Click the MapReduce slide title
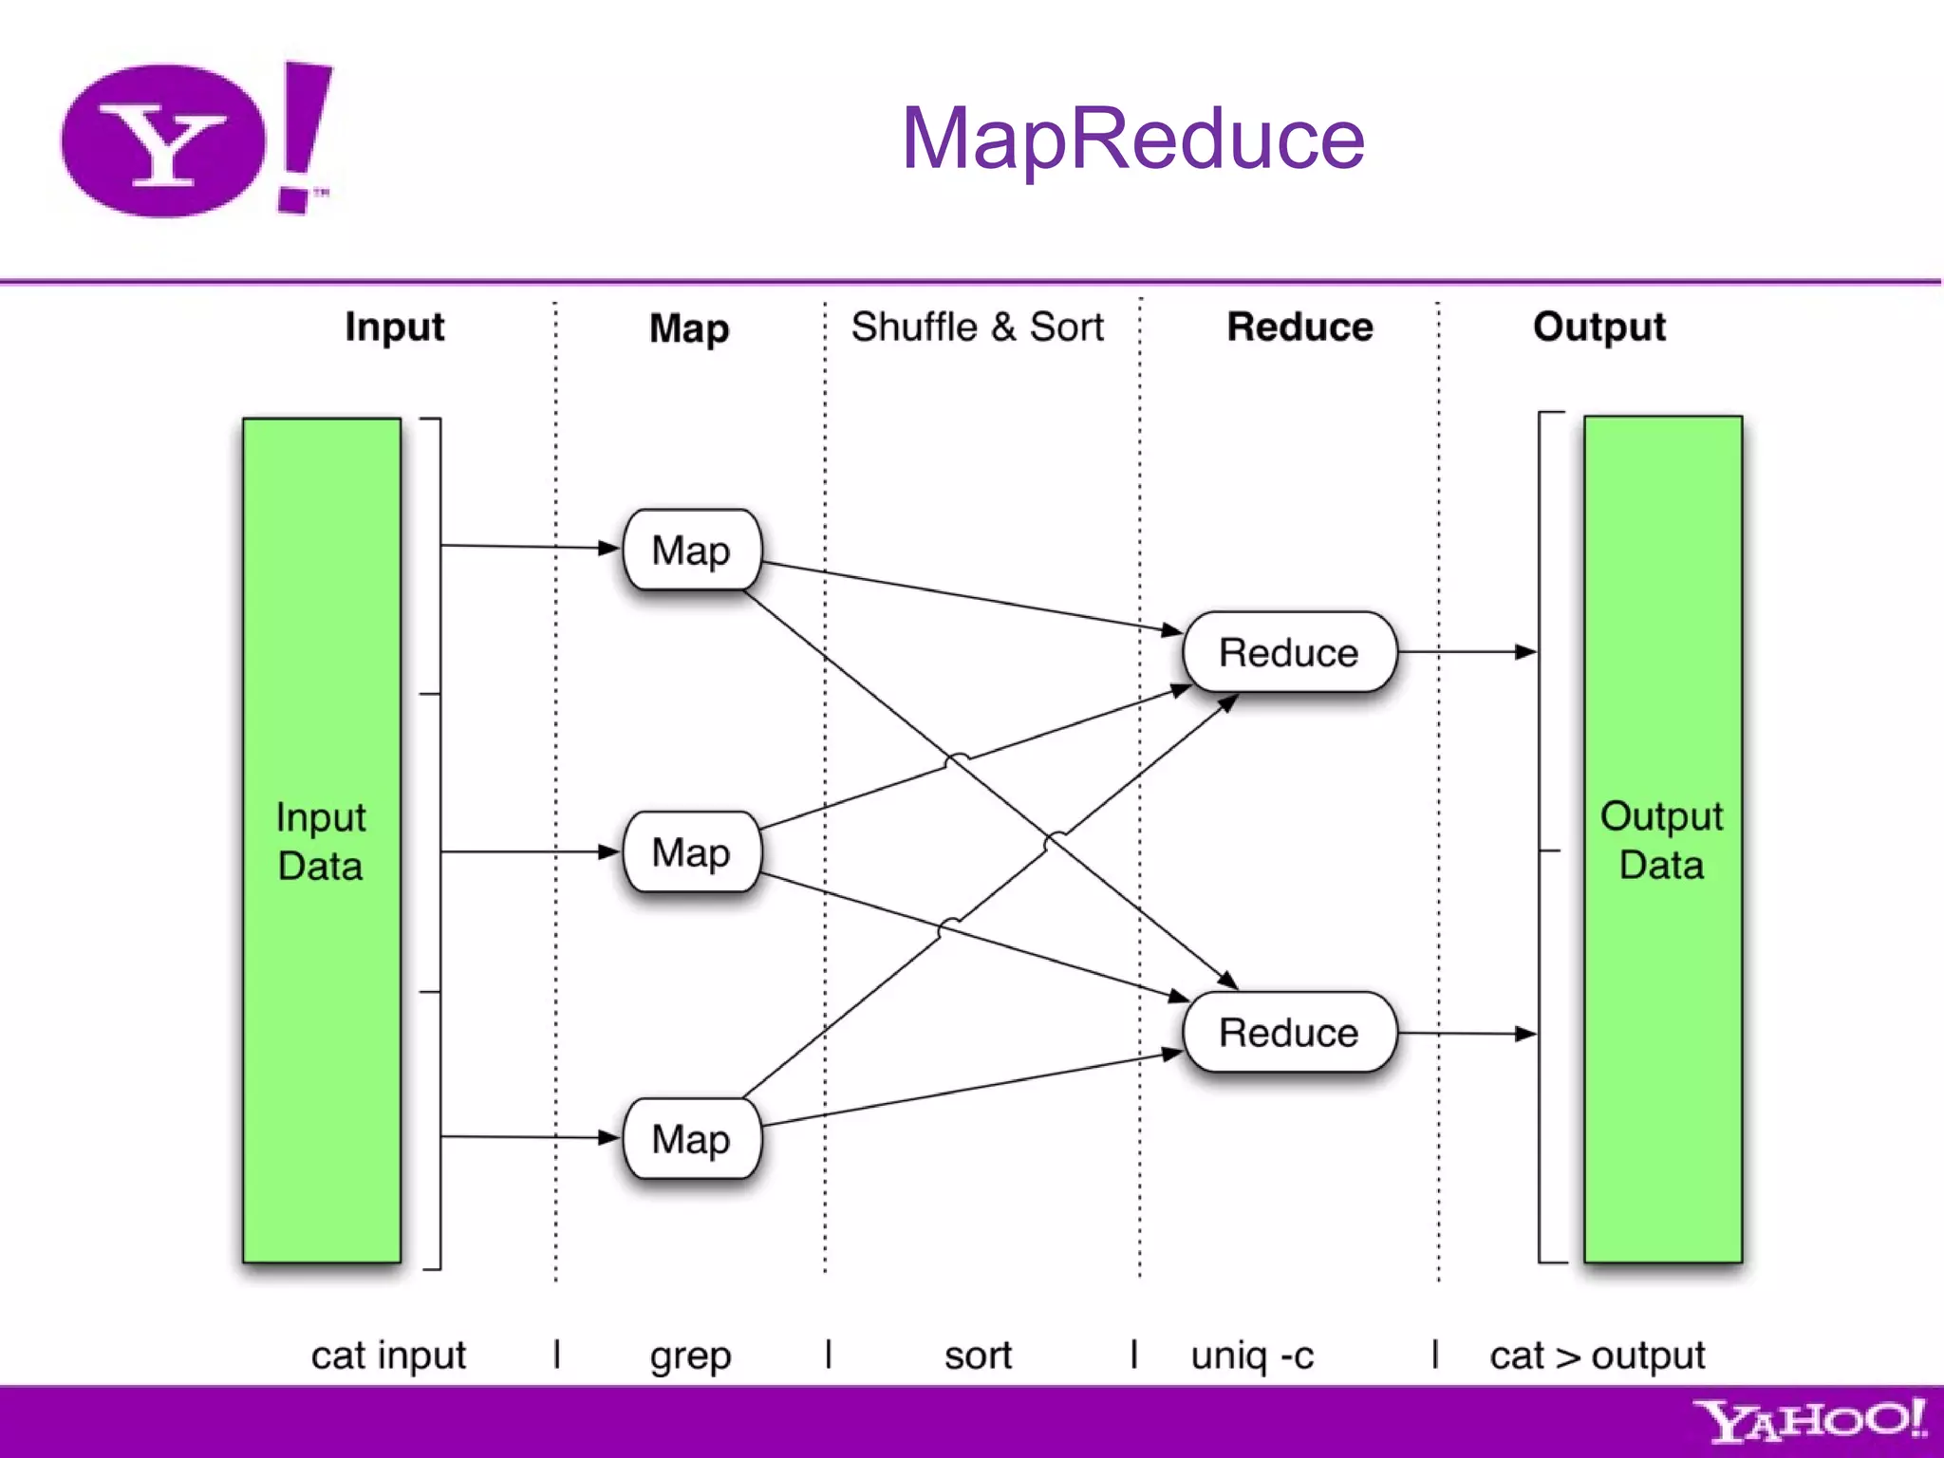click(1132, 139)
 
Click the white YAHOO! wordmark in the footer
click(1809, 1421)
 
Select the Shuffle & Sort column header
click(977, 327)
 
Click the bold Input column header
click(394, 327)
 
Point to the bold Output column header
click(1598, 327)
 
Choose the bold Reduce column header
click(1299, 327)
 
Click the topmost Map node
click(691, 551)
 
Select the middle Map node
click(691, 852)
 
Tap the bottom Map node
click(691, 1139)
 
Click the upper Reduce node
click(1288, 653)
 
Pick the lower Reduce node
click(1288, 1033)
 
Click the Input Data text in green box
click(321, 842)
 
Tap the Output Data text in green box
click(1661, 841)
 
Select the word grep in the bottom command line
click(690, 1356)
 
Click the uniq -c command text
click(1252, 1355)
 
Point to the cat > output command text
click(1597, 1355)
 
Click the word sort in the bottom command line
click(978, 1355)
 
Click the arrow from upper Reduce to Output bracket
click(1467, 652)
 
